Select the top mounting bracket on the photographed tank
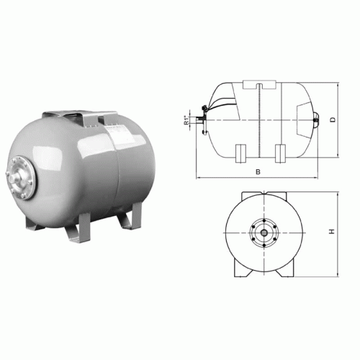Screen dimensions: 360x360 [x=79, y=116]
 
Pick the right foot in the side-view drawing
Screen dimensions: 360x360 [x=281, y=153]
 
